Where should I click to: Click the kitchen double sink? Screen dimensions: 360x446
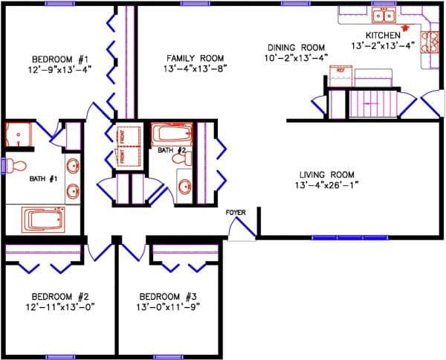384,15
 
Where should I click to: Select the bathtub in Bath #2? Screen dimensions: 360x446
172,136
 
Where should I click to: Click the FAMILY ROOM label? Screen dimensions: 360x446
195,57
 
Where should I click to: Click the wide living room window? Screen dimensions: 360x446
339,238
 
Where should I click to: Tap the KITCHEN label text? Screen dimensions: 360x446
384,35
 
